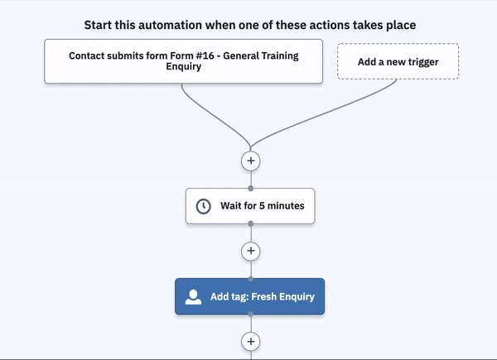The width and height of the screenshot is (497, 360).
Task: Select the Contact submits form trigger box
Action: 184,61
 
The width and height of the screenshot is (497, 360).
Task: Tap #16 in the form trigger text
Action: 205,55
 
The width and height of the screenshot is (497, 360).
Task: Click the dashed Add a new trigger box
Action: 398,61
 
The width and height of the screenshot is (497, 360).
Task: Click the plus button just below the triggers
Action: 251,161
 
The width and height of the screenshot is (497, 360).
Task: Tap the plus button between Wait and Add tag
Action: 251,251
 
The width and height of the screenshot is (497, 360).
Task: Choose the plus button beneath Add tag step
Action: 251,342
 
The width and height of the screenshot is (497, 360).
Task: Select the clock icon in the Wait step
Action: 203,206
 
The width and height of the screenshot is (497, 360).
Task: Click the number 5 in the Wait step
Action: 262,206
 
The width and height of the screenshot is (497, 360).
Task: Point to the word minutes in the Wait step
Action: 286,206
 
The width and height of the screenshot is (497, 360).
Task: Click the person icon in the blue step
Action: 193,297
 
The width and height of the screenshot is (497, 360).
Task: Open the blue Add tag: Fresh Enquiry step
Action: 250,296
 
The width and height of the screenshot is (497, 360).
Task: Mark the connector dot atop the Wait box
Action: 251,189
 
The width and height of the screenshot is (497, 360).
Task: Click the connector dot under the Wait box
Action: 251,223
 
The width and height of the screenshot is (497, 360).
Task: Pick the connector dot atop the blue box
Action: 251,279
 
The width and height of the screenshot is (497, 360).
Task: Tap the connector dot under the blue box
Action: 251,314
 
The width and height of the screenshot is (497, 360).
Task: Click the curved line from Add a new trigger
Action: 320,115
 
